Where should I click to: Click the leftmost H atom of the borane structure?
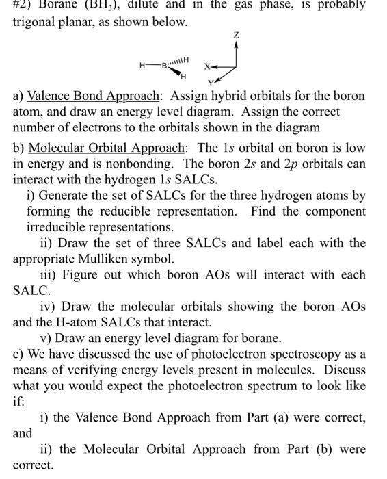[x=142, y=66]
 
